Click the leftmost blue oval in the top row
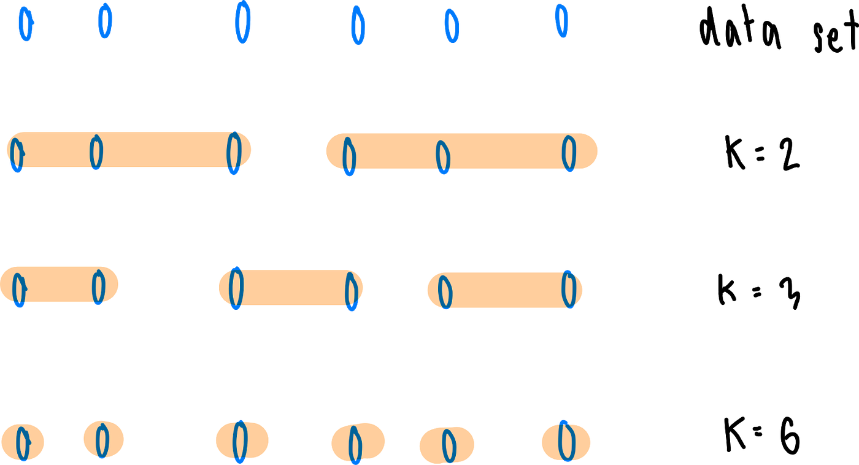pyautogui.click(x=26, y=23)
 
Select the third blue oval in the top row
pyautogui.click(x=243, y=21)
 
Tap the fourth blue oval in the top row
pyautogui.click(x=358, y=26)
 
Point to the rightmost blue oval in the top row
pyautogui.click(x=561, y=20)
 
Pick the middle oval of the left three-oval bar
pyautogui.click(x=96, y=153)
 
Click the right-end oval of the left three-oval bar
pyautogui.click(x=234, y=153)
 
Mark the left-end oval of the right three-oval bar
pyautogui.click(x=349, y=157)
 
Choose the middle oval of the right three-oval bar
pyautogui.click(x=443, y=158)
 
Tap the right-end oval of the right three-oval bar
pyautogui.click(x=569, y=153)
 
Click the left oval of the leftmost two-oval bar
pyautogui.click(x=20, y=290)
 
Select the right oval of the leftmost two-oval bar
pyautogui.click(x=98, y=287)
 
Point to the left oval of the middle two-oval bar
pyautogui.click(x=236, y=288)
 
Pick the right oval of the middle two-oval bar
pyautogui.click(x=352, y=291)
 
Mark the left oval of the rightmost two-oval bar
pyautogui.click(x=445, y=292)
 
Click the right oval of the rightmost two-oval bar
pyautogui.click(x=569, y=289)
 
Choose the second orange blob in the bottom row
pyautogui.click(x=103, y=440)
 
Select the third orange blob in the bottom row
pyautogui.click(x=241, y=440)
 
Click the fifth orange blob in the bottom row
pyautogui.click(x=447, y=445)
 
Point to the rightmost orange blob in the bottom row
pyautogui.click(x=566, y=442)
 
